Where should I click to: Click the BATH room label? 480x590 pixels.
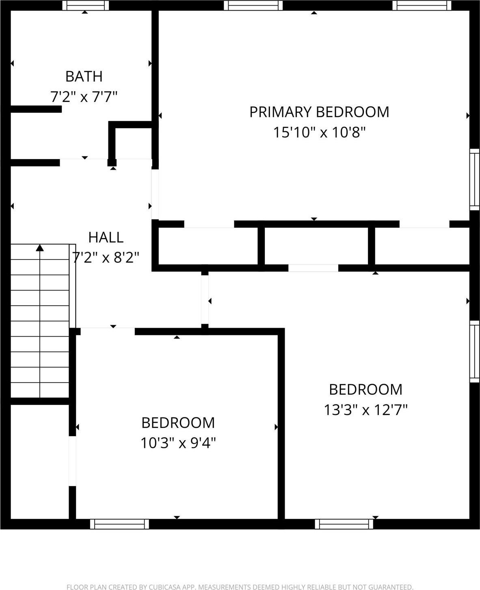tap(84, 76)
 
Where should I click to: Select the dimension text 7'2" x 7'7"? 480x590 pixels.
tap(84, 97)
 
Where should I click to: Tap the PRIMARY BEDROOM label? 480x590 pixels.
tap(319, 112)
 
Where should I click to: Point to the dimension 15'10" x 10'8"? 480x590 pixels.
tap(319, 132)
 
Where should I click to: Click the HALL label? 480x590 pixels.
tap(106, 237)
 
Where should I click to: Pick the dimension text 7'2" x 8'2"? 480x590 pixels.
tap(106, 257)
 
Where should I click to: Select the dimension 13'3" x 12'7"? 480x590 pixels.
tap(365, 410)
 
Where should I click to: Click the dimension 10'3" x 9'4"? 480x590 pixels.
tap(178, 443)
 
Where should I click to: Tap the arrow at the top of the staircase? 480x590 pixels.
tap(40, 248)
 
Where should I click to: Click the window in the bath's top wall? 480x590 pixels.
tap(85, 5)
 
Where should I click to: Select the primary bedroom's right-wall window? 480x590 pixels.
tap(474, 179)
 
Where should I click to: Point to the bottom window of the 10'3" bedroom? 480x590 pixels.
tap(119, 524)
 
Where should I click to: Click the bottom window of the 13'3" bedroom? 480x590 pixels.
tap(344, 524)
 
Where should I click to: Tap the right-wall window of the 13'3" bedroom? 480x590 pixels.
tap(474, 352)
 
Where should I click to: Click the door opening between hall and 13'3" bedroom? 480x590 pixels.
tap(205, 300)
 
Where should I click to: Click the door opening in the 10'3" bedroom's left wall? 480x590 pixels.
tap(72, 461)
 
